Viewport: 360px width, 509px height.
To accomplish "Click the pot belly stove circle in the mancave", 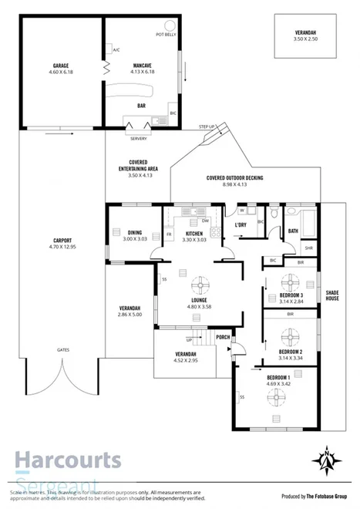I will pyautogui.click(x=165, y=26).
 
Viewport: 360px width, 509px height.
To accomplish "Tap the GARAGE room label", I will pyautogui.click(x=59, y=66).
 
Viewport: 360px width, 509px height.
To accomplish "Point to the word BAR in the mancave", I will pyautogui.click(x=141, y=106).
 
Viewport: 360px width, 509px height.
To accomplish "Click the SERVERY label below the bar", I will pyautogui.click(x=139, y=138).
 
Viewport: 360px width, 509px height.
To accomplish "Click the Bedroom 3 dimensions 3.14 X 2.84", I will pyautogui.click(x=291, y=301).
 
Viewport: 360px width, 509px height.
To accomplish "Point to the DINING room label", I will pyautogui.click(x=134, y=232).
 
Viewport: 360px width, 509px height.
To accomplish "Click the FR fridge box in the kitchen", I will pyautogui.click(x=169, y=234).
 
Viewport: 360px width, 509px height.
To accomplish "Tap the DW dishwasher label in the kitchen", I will pyautogui.click(x=206, y=221).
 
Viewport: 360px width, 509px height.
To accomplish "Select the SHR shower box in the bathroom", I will pyautogui.click(x=308, y=248).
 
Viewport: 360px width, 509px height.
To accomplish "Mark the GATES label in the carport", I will pyautogui.click(x=63, y=349).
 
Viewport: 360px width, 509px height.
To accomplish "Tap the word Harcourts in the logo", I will pyautogui.click(x=68, y=460).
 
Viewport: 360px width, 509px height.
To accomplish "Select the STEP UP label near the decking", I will pyautogui.click(x=207, y=126).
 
